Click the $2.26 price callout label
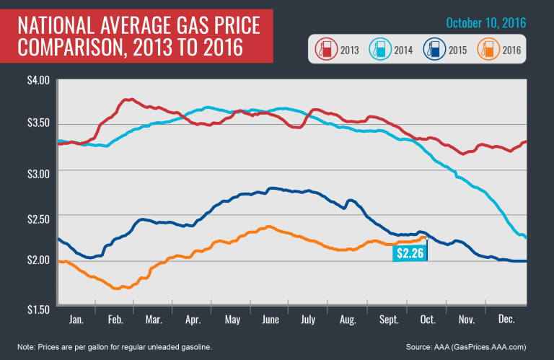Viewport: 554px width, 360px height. click(410, 253)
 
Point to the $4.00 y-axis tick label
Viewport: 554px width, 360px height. click(38, 79)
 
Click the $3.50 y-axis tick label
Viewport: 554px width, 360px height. click(38, 124)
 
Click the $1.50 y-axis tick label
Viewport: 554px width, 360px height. click(38, 308)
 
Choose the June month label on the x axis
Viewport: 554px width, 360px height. click(271, 318)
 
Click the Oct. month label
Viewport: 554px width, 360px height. click(428, 318)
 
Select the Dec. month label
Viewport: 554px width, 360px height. click(506, 318)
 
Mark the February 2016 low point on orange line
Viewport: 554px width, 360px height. click(116, 288)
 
